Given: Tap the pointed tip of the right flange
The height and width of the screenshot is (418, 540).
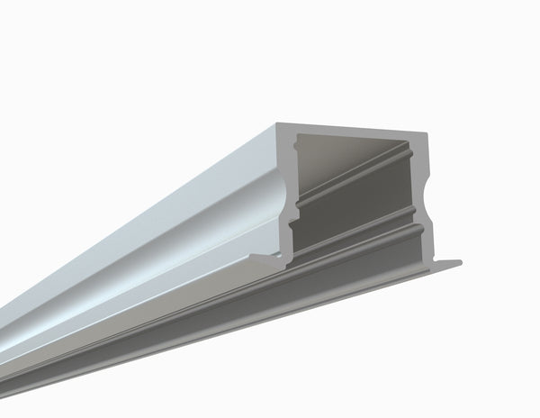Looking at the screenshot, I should click(x=460, y=263).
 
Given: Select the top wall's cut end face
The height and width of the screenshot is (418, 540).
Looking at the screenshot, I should click(x=351, y=129).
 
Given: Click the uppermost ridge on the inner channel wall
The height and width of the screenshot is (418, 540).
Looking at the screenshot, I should click(x=360, y=168).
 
